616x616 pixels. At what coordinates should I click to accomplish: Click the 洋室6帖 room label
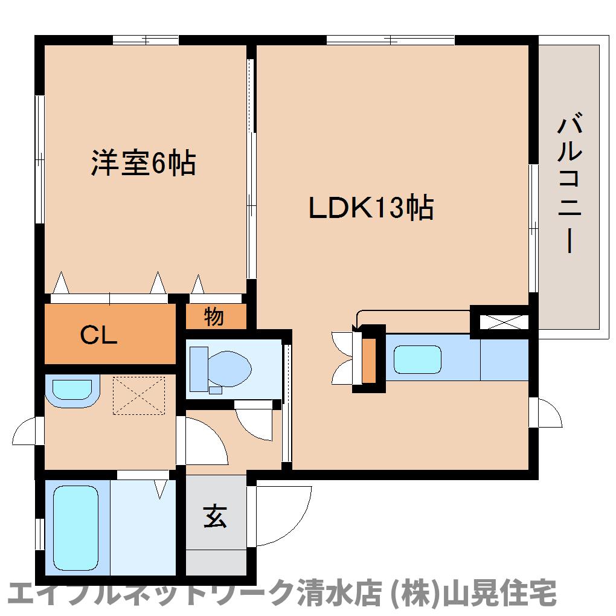[143, 162]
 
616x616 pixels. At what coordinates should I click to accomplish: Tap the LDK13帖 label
[371, 207]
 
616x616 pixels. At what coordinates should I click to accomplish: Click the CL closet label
[98, 335]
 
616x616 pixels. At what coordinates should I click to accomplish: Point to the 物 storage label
[214, 316]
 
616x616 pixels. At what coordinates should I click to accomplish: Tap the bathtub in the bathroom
[75, 528]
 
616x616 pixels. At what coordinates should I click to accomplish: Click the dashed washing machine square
[139, 396]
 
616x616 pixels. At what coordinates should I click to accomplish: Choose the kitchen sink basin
[417, 359]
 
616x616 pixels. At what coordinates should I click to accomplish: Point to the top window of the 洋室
[146, 40]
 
